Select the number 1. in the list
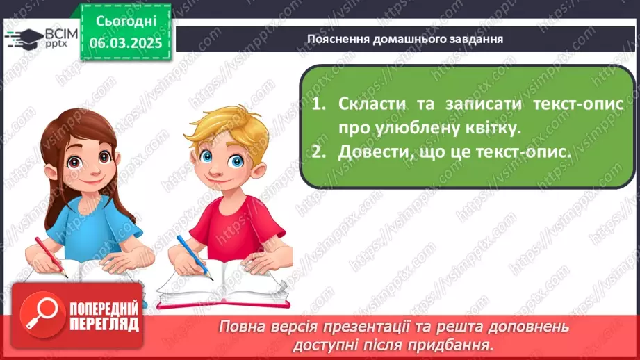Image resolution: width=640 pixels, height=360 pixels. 319,104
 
